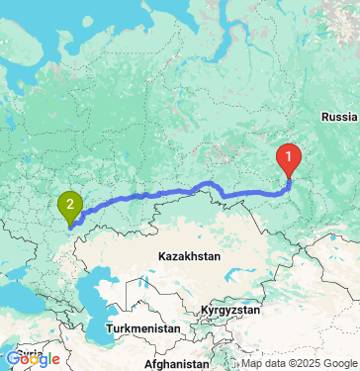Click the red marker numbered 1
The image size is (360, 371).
point(289,157)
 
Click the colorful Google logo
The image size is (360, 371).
point(33,359)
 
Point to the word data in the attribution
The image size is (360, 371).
point(274,363)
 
